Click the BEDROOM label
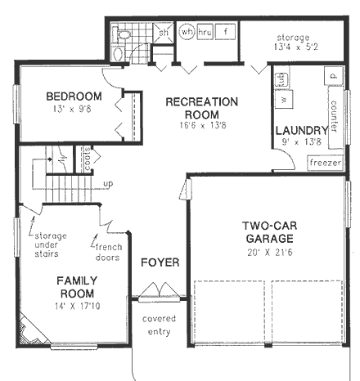(74, 96)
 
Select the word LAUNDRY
(302, 129)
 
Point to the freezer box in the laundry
(325, 162)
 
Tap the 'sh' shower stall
(164, 33)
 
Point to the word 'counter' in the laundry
(335, 115)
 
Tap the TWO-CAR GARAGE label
(268, 231)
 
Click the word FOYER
(155, 263)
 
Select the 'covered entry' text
(154, 324)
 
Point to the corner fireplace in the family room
(27, 332)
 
